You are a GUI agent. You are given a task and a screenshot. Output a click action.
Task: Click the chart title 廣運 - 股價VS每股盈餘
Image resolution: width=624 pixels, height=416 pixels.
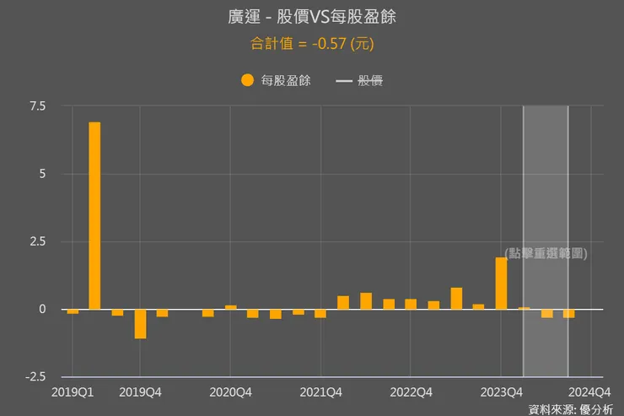(312, 18)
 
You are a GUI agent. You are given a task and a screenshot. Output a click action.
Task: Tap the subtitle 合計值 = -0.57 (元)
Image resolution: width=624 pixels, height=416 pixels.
(312, 42)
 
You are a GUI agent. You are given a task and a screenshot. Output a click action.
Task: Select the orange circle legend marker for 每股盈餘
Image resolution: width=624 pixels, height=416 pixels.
(247, 80)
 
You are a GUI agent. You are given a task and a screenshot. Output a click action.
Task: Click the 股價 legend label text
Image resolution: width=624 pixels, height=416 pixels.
(370, 81)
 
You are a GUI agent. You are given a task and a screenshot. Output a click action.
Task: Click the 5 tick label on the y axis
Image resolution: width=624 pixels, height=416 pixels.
(41, 174)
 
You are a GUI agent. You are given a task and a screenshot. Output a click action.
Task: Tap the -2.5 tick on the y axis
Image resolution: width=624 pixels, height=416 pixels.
(35, 376)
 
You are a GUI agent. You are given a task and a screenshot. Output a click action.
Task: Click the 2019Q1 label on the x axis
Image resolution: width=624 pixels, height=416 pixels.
(73, 392)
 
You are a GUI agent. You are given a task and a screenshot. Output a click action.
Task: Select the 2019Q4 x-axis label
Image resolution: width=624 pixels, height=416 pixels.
(140, 392)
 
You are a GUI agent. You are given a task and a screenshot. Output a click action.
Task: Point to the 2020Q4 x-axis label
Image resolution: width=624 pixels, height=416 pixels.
(230, 392)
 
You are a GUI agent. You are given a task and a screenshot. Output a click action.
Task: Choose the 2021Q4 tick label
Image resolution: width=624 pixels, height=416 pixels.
(320, 392)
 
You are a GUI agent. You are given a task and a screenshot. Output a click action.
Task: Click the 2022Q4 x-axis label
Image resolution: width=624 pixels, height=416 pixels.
(411, 392)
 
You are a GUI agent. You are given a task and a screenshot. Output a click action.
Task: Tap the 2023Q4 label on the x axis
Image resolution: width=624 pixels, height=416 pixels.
(501, 392)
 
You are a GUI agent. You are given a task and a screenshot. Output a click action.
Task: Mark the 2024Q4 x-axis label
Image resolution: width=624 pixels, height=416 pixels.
(590, 392)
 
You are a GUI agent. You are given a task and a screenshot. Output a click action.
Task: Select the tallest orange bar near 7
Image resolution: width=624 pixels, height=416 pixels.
(94, 215)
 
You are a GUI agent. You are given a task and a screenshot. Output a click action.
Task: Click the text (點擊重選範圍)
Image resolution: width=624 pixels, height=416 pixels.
(546, 253)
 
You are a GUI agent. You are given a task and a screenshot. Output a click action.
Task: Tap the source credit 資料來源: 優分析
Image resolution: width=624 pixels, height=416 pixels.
(571, 409)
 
